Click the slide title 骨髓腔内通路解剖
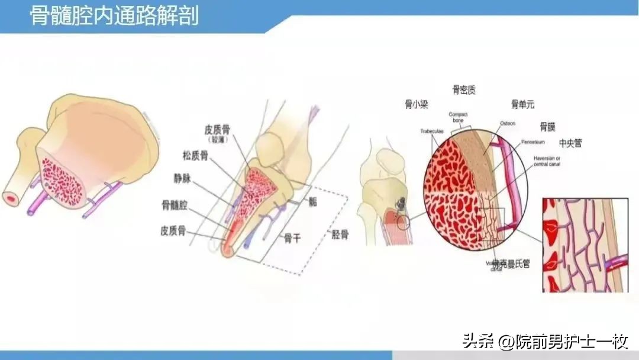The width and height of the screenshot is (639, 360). pyautogui.click(x=115, y=16)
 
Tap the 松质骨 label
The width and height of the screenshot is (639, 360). pyautogui.click(x=195, y=156)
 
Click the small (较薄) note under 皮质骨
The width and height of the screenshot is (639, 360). pyautogui.click(x=217, y=140)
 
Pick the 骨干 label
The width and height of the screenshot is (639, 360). pyautogui.click(x=292, y=238)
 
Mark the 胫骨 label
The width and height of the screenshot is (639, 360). pyautogui.click(x=339, y=234)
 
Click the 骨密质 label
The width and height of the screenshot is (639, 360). pyautogui.click(x=464, y=90)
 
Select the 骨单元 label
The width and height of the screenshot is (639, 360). pyautogui.click(x=522, y=105)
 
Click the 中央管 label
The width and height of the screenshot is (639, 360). pyautogui.click(x=570, y=143)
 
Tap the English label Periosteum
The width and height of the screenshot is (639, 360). pyautogui.click(x=534, y=143)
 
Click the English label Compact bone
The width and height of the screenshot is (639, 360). pyautogui.click(x=459, y=117)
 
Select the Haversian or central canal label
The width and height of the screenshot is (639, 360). pyautogui.click(x=547, y=161)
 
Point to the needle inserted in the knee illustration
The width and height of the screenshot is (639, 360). pyautogui.click(x=402, y=204)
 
